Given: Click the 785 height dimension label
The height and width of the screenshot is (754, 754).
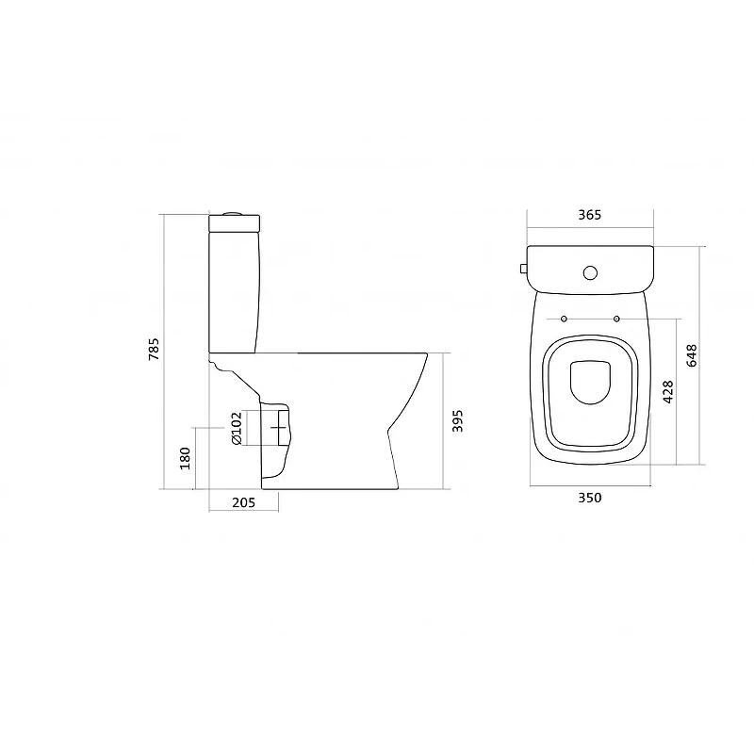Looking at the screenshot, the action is click(154, 350).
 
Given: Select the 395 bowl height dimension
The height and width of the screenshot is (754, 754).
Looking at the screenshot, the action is click(457, 420).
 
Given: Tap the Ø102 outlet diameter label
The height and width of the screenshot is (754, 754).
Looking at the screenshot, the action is click(237, 428).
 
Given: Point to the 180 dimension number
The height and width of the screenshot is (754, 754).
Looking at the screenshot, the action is click(185, 458).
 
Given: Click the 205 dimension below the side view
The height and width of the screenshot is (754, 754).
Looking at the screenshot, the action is click(244, 502).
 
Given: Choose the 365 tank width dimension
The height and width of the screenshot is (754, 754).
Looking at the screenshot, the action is click(590, 215).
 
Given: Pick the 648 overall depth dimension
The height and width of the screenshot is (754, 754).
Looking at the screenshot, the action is click(692, 356).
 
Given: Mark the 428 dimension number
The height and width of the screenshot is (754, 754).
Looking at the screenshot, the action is click(668, 392).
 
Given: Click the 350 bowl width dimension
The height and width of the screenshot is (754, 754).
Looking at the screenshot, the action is click(590, 498).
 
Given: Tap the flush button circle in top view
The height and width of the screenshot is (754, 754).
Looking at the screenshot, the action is click(591, 273).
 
